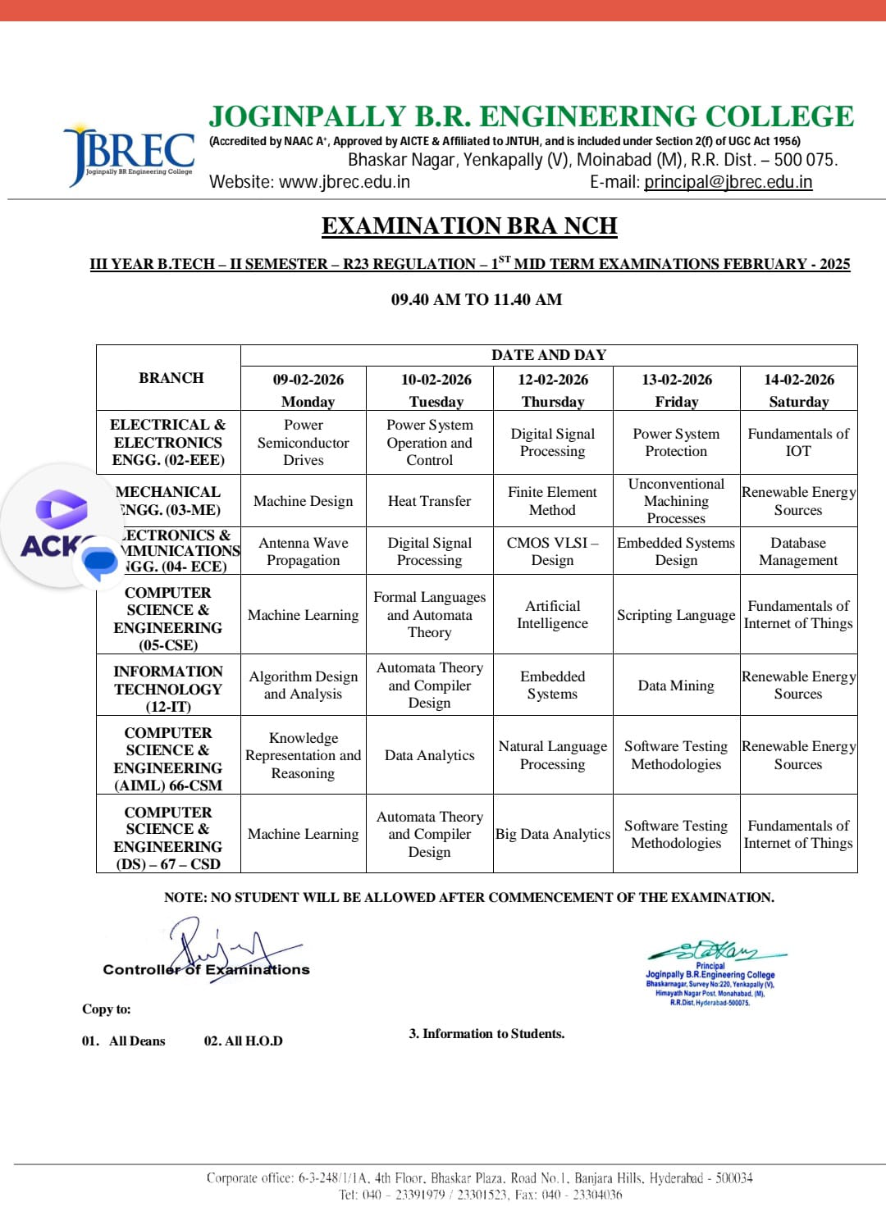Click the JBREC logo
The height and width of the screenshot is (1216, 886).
[130, 154]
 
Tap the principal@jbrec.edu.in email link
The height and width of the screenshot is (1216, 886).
[728, 182]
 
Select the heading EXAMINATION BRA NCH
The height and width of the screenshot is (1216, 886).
[468, 225]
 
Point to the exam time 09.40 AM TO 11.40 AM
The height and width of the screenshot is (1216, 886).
[476, 299]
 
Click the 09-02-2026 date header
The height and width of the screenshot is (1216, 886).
[308, 380]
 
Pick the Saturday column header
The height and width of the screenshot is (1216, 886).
[798, 402]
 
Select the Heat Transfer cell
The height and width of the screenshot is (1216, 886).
[429, 501]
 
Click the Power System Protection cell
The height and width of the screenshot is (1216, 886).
[676, 442]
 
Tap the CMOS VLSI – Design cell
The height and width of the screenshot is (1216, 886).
[552, 551]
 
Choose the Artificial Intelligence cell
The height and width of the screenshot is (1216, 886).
[552, 614]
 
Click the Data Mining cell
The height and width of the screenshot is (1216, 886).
[676, 685]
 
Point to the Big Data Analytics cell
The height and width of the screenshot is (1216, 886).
[552, 834]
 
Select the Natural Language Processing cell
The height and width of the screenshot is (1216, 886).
[552, 755]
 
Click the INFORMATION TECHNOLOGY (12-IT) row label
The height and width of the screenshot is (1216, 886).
[168, 689]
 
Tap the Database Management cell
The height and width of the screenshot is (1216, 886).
[798, 551]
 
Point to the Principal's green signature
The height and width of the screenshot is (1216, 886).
[714, 951]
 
